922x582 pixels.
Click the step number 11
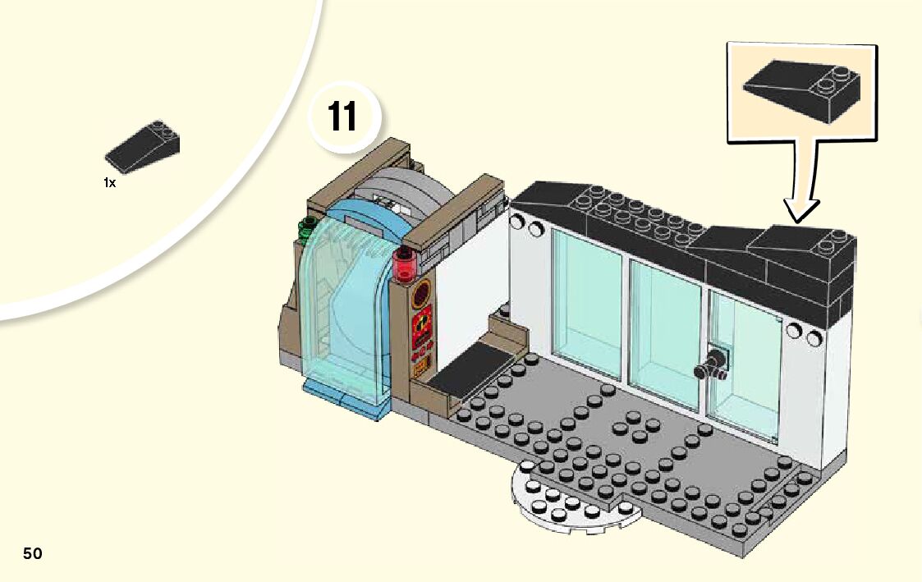click(342, 117)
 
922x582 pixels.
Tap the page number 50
click(32, 553)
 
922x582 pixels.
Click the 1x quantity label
click(109, 183)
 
